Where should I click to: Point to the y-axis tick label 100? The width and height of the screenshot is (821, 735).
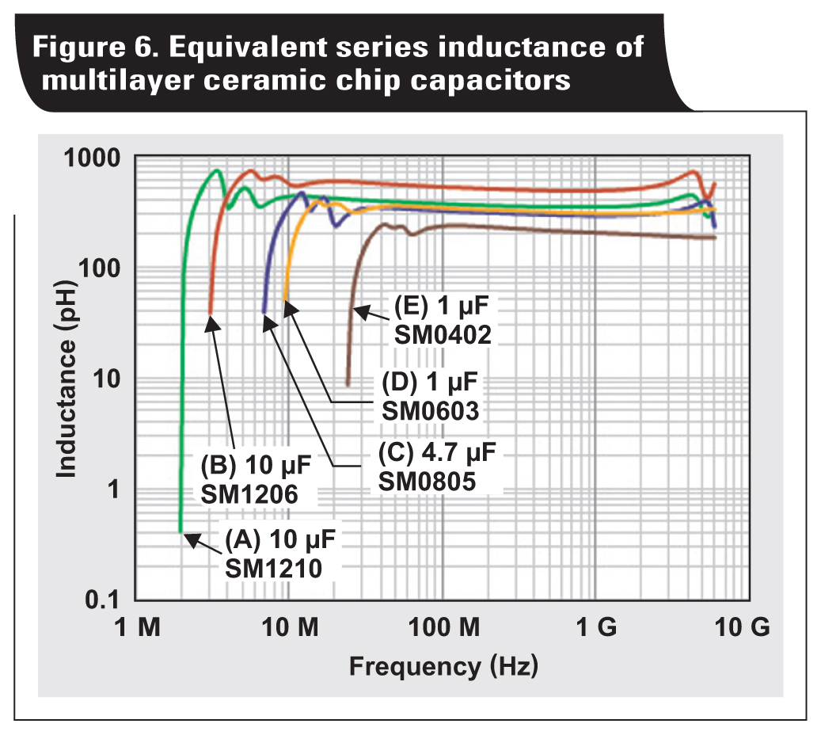103,268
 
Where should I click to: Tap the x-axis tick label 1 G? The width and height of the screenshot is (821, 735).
595,628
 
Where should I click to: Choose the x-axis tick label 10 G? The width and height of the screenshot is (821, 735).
739,628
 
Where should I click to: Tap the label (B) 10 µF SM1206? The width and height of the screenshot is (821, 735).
249,479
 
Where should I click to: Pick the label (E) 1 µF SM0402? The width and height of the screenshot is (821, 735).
443,320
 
